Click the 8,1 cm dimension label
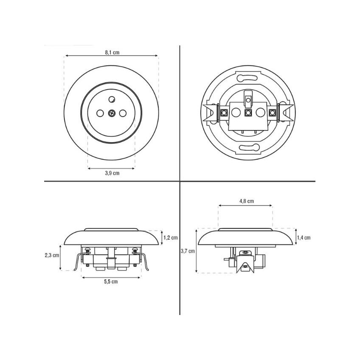112,52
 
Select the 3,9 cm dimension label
112,173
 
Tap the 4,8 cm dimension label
247,201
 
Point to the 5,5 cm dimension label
111,282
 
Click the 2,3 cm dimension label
52,255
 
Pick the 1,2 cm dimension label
171,238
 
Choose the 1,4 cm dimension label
304,238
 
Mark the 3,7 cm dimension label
188,251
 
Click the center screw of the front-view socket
112,113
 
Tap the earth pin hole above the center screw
112,99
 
